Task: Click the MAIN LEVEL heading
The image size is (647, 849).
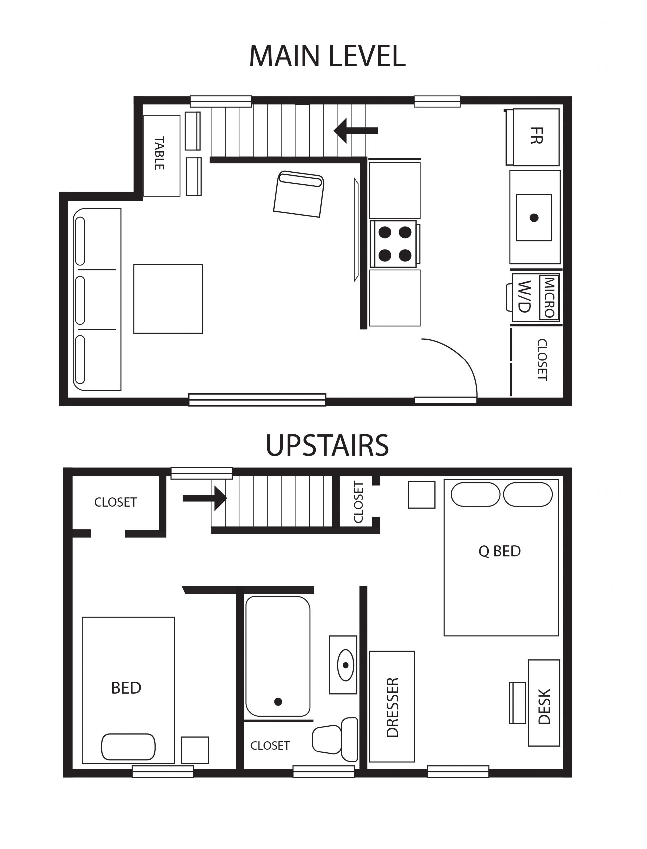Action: coord(327,56)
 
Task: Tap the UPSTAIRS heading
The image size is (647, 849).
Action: coord(327,445)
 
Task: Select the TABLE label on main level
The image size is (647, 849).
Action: coord(159,153)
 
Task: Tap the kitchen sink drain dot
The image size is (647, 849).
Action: coord(534,218)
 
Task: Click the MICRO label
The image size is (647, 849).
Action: coord(549,297)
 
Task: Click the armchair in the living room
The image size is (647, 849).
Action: coord(298,194)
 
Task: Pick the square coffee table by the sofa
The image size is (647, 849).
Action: coord(168,298)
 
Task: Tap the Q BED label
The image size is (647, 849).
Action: coord(499,552)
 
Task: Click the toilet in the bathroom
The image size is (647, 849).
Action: coord(335,739)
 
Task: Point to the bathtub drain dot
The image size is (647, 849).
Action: coord(278,701)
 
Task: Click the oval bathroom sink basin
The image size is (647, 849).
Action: coord(345,665)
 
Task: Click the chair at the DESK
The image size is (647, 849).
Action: coord(517,703)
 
